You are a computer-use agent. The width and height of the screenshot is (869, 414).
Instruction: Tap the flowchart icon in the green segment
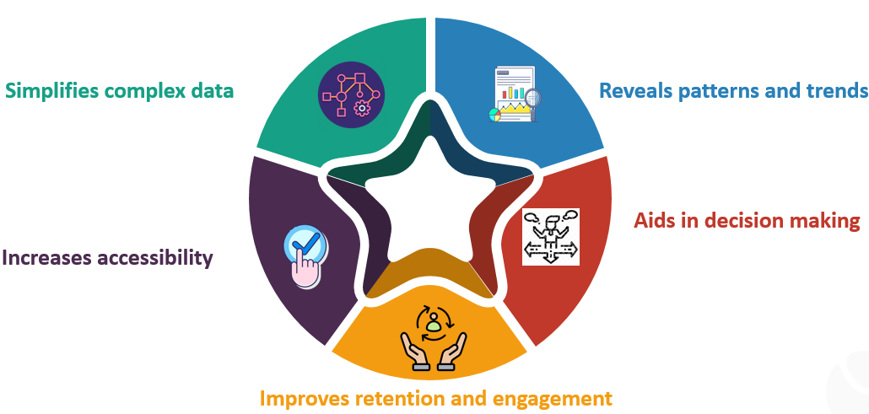(x=351, y=94)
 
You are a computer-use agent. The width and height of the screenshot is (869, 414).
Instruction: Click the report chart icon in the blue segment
(x=515, y=94)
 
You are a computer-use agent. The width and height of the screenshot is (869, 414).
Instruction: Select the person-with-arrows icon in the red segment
(x=551, y=237)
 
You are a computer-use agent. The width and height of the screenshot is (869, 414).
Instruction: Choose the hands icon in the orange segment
(x=434, y=338)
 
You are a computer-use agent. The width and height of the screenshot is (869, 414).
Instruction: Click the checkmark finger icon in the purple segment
(x=304, y=256)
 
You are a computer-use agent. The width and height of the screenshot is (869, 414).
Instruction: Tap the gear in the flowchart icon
(x=362, y=108)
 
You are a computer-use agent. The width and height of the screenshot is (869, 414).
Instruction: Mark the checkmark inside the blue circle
(x=305, y=243)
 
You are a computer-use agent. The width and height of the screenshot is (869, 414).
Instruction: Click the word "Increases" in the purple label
(x=46, y=258)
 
